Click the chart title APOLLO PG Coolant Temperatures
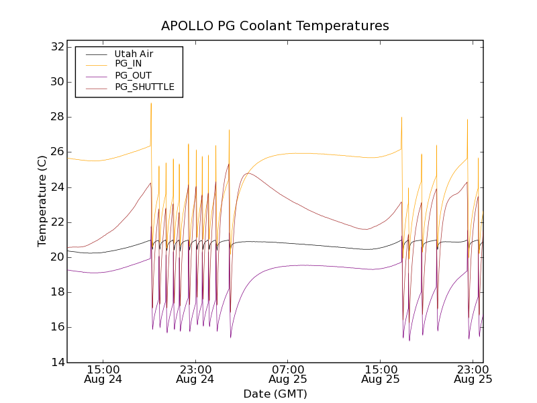pyautogui.click(x=275, y=26)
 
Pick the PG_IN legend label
pyautogui.click(x=128, y=64)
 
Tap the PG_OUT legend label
pyautogui.click(x=133, y=75)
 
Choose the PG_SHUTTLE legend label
pyautogui.click(x=144, y=87)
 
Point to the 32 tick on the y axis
pyautogui.click(x=56, y=47)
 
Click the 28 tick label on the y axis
pyautogui.click(x=56, y=117)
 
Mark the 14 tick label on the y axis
pyautogui.click(x=56, y=362)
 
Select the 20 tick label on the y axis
pyautogui.click(x=56, y=257)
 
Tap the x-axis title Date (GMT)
pyautogui.click(x=275, y=394)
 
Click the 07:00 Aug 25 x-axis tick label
pyautogui.click(x=288, y=374)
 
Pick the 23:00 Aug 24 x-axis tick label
pyautogui.click(x=195, y=374)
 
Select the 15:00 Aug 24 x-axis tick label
pyautogui.click(x=103, y=374)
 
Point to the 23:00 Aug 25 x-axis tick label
pyautogui.click(x=473, y=374)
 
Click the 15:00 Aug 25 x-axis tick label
pyautogui.click(x=381, y=374)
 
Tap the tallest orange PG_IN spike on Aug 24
pyautogui.click(x=151, y=103)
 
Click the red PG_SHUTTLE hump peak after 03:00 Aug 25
pyautogui.click(x=248, y=173)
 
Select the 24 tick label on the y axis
pyautogui.click(x=56, y=187)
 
